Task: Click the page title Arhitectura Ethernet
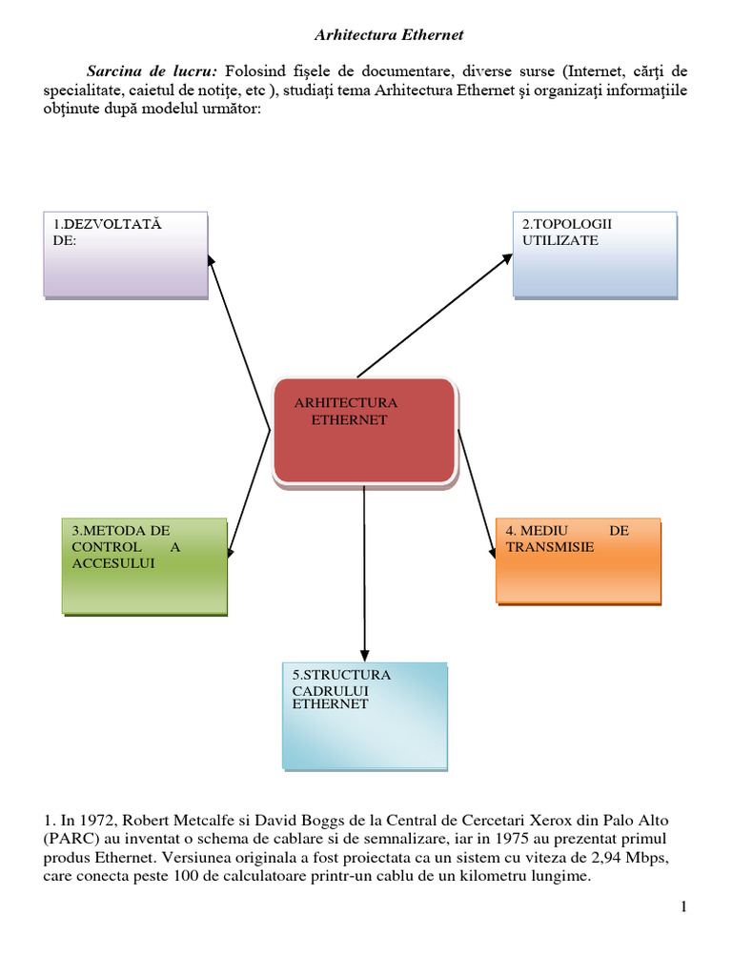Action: (389, 35)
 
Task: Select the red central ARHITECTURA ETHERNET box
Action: (364, 430)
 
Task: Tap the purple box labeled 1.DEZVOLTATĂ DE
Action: (126, 255)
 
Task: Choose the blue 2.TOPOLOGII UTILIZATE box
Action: (595, 254)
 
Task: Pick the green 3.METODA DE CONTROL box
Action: (145, 566)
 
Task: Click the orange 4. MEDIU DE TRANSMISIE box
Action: (578, 560)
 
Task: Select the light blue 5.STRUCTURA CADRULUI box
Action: (364, 715)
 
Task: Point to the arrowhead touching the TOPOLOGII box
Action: (507, 258)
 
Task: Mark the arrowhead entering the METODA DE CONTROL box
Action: (231, 550)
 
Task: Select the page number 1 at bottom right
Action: (683, 906)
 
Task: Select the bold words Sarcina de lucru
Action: (152, 71)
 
